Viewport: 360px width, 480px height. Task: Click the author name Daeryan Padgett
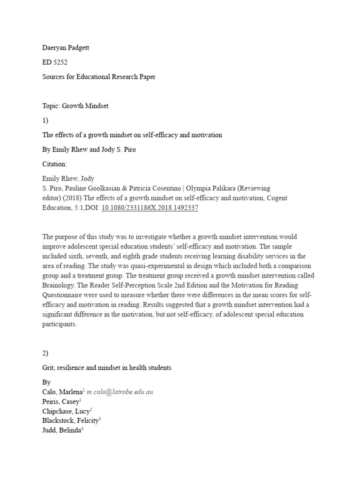click(66, 48)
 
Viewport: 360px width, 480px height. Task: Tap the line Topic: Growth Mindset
click(75, 106)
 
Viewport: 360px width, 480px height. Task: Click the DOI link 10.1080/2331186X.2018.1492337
click(150, 208)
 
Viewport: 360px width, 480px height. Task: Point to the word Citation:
click(55, 164)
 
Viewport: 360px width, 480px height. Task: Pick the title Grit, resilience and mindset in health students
click(107, 368)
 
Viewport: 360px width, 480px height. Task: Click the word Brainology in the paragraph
click(60, 285)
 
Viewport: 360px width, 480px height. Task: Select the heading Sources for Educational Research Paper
click(99, 77)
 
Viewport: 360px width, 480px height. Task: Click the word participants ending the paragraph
click(59, 324)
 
